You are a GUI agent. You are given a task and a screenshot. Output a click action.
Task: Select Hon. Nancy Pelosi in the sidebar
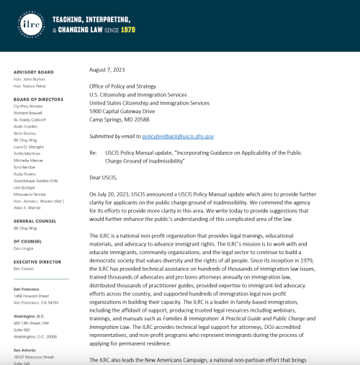coord(30,86)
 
